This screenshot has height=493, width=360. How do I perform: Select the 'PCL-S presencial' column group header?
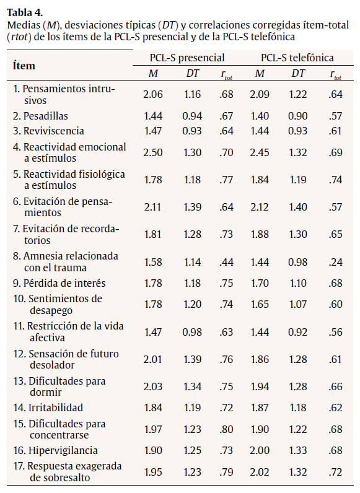pos(187,58)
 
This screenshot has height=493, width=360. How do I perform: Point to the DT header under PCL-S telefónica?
pos(299,74)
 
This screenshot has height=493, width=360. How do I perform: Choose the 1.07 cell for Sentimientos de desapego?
pos(299,304)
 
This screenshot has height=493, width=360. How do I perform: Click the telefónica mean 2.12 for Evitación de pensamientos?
pos(261,207)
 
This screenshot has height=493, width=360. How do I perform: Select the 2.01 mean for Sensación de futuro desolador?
pos(152,360)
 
